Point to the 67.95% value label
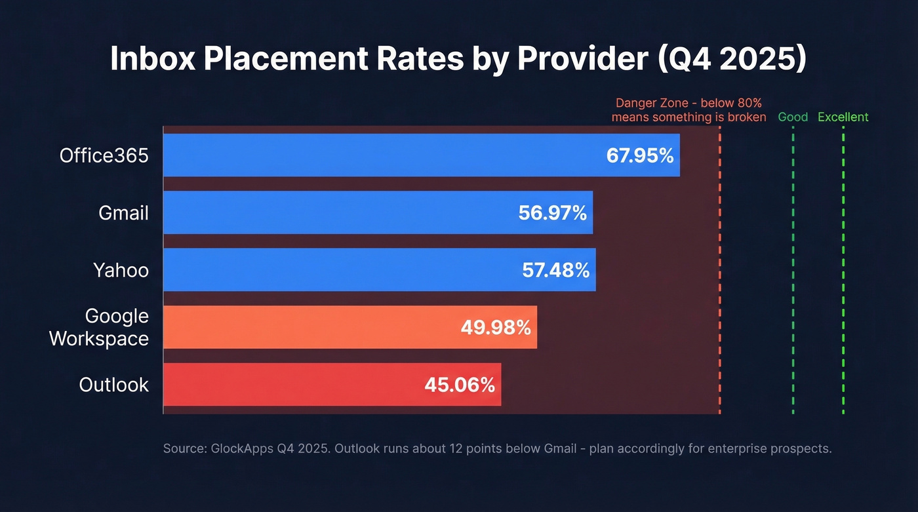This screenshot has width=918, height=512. click(x=640, y=156)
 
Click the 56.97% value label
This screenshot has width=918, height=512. click(x=553, y=213)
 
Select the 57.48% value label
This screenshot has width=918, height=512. click(x=555, y=270)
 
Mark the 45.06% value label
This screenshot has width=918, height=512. click(x=460, y=385)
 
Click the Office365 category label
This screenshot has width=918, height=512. click(x=104, y=156)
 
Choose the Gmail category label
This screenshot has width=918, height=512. click(x=123, y=213)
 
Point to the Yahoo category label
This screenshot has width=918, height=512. click(x=121, y=270)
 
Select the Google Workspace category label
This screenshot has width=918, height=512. click(x=99, y=327)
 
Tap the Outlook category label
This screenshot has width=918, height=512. click(x=114, y=384)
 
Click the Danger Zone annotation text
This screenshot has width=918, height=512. click(x=688, y=110)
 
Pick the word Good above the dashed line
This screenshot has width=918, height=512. click(x=793, y=117)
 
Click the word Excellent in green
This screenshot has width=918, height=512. click(x=843, y=117)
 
